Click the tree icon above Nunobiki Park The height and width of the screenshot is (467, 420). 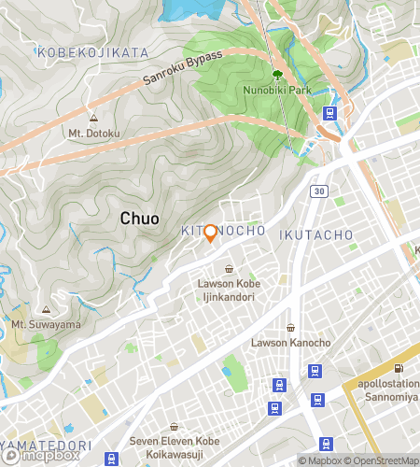tap(277, 76)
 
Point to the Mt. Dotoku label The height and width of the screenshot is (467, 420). tap(93, 133)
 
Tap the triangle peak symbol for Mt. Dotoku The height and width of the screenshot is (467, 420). tap(93, 119)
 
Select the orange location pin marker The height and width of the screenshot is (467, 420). tap(211, 233)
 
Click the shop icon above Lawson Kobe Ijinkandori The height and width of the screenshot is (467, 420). tap(229, 269)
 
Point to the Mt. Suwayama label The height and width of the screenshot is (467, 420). tap(46, 324)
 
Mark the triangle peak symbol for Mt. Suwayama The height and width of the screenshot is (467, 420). tap(46, 310)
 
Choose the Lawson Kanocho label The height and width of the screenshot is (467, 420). tap(290, 343)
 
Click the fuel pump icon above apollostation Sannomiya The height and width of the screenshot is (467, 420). tap(399, 368)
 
